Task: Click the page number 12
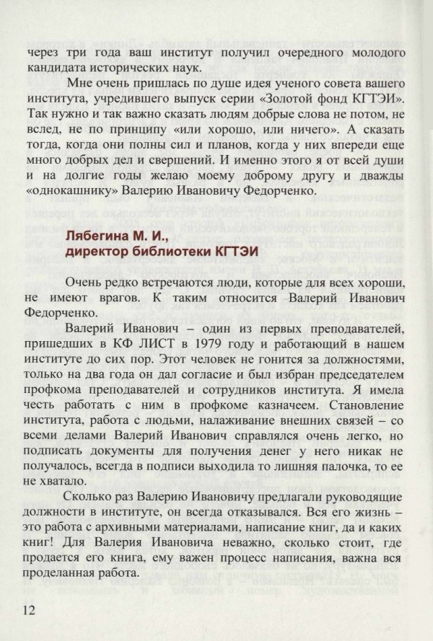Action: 34,610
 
